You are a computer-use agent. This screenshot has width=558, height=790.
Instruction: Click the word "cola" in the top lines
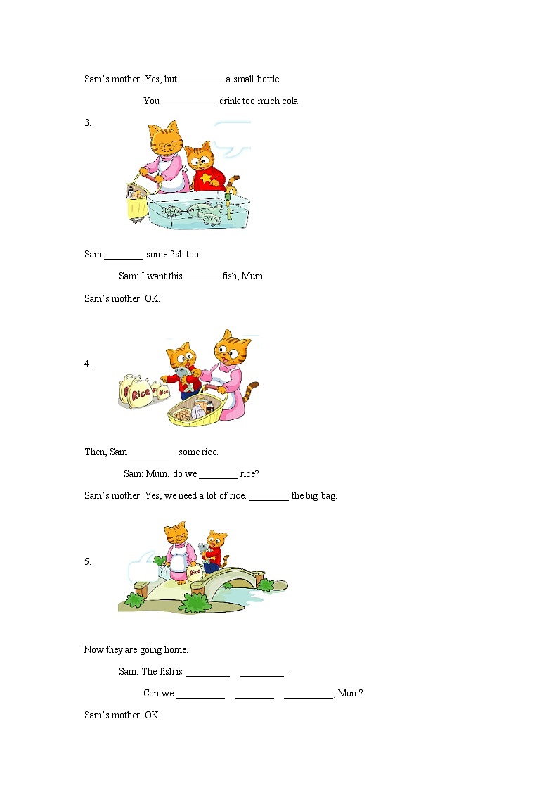point(290,101)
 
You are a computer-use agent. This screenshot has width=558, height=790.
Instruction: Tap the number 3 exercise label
point(88,122)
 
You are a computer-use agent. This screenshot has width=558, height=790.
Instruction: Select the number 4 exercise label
point(88,364)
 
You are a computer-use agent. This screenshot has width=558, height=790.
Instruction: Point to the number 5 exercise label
point(88,561)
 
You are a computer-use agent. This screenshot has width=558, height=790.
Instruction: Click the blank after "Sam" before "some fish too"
point(124,258)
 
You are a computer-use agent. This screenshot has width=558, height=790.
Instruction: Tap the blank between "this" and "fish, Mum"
point(203,279)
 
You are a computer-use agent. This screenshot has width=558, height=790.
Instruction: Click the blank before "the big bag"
point(269,499)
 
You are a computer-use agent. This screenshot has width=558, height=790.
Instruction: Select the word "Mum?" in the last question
point(350,693)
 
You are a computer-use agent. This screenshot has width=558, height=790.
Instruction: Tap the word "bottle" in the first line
point(268,79)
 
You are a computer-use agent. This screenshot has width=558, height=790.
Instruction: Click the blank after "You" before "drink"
point(190,105)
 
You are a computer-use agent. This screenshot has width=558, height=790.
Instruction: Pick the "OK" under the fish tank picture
point(152,298)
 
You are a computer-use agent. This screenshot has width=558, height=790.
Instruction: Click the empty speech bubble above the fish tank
point(233,138)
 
